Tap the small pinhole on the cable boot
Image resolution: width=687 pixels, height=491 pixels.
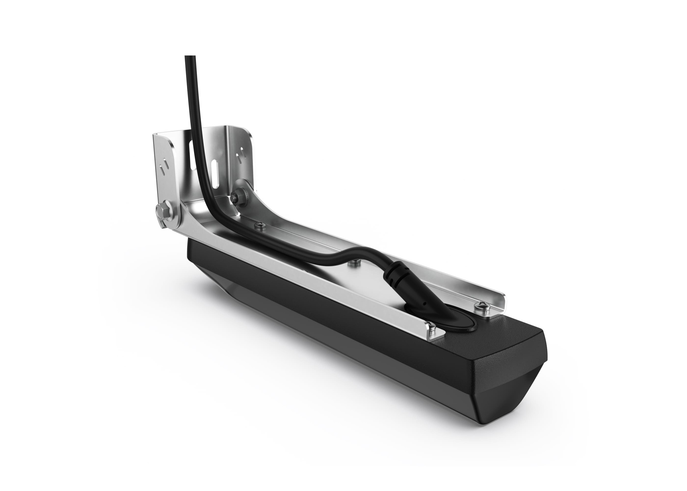[x=425, y=304]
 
